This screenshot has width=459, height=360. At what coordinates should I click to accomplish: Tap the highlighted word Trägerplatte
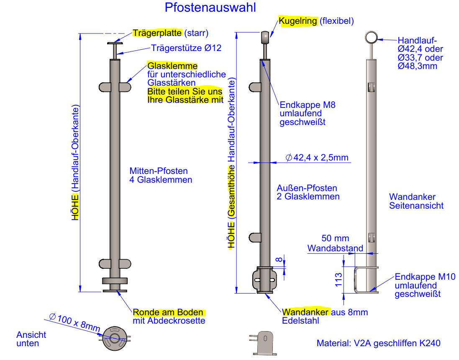(x=157, y=33)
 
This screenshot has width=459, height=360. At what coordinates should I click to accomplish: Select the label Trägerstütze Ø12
(x=186, y=48)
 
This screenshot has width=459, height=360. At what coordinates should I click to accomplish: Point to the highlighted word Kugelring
(x=298, y=21)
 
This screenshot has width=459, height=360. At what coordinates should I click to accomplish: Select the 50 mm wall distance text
(x=335, y=239)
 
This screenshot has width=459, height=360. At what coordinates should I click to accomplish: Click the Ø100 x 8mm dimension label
(x=74, y=322)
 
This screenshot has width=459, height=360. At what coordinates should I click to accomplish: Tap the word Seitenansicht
(x=416, y=205)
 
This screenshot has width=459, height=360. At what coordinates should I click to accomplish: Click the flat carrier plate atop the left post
(x=116, y=43)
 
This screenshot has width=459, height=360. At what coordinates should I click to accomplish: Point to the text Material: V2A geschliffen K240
(x=378, y=343)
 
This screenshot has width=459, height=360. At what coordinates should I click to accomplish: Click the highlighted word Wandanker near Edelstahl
(x=306, y=312)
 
